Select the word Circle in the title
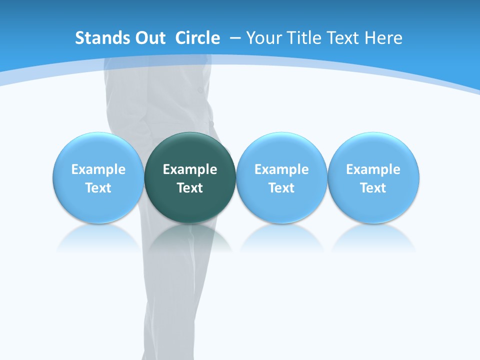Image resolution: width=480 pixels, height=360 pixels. pyautogui.click(x=197, y=38)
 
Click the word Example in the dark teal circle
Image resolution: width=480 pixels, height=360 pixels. pyautogui.click(x=190, y=169)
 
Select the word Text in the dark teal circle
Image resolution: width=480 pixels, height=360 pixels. pyautogui.click(x=190, y=188)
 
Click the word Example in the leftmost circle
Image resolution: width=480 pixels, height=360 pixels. pyautogui.click(x=98, y=169)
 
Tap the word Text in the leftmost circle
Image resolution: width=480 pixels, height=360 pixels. pyautogui.click(x=98, y=188)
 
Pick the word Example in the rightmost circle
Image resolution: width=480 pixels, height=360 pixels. pyautogui.click(x=373, y=169)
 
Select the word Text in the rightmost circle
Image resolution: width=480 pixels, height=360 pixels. pyautogui.click(x=373, y=188)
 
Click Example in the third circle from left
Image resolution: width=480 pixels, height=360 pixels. pyautogui.click(x=281, y=169)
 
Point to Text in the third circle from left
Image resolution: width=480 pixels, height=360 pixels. pyautogui.click(x=281, y=188)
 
